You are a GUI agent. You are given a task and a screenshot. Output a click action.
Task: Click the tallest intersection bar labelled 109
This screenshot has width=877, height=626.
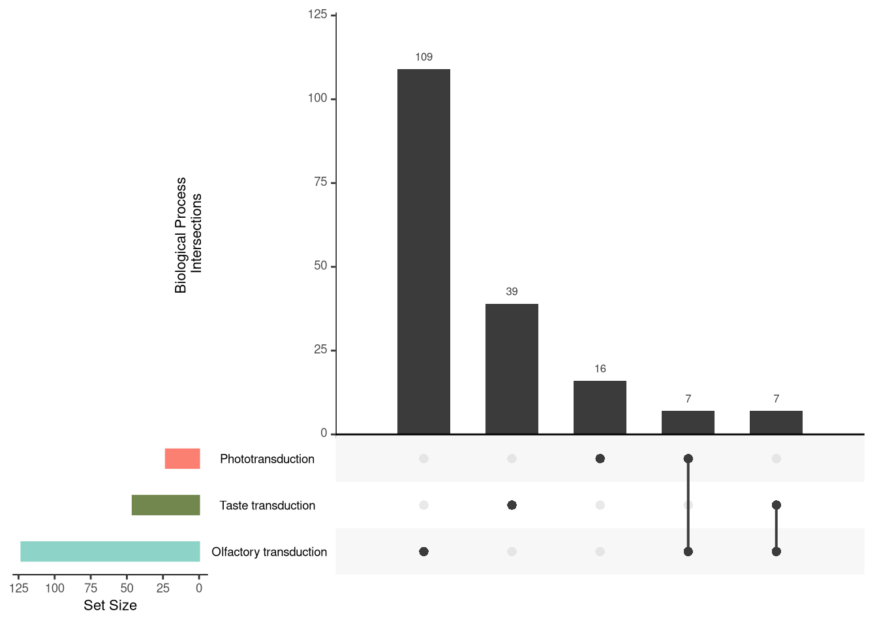pos(423,251)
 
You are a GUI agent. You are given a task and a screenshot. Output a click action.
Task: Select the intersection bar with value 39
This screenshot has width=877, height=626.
pos(512,368)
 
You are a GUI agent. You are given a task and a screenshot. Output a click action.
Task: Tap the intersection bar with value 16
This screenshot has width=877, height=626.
pos(600,407)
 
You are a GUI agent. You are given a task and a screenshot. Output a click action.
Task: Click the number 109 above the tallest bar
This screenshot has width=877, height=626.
pos(423,57)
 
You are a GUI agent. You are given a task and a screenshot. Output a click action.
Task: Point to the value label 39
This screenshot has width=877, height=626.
pos(512,292)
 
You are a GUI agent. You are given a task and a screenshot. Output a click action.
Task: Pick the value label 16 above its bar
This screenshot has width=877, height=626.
pos(600,369)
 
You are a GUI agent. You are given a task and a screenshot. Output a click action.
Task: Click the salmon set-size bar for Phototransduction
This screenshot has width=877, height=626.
pos(182,458)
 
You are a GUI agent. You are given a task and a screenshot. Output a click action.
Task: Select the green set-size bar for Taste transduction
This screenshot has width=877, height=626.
pos(166,505)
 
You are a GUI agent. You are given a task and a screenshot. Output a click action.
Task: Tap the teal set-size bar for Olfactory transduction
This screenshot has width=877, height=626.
pos(110,552)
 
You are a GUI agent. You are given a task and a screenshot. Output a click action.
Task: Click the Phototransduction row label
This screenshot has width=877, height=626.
pos(267,459)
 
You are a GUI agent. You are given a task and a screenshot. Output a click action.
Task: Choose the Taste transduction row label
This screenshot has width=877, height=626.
pos(267,505)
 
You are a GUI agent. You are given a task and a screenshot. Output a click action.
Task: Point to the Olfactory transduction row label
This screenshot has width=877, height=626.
pos(269,552)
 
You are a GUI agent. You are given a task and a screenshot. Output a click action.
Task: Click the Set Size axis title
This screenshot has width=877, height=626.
pos(110,605)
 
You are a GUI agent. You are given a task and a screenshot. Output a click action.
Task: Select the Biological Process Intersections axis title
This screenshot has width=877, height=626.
pos(189,235)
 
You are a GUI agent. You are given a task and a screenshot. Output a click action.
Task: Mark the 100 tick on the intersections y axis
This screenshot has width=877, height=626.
pos(318,98)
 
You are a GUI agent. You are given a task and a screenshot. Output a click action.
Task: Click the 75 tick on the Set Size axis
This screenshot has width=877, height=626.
pos(91,588)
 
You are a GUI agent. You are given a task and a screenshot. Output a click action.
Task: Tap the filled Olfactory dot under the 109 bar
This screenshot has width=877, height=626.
pos(423,552)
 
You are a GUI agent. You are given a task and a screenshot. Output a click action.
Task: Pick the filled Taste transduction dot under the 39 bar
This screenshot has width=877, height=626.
pos(512,505)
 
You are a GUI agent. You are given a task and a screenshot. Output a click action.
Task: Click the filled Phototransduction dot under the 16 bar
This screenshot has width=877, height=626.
pos(600,458)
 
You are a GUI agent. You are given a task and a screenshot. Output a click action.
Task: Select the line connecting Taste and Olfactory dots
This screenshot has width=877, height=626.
pos(776,528)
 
